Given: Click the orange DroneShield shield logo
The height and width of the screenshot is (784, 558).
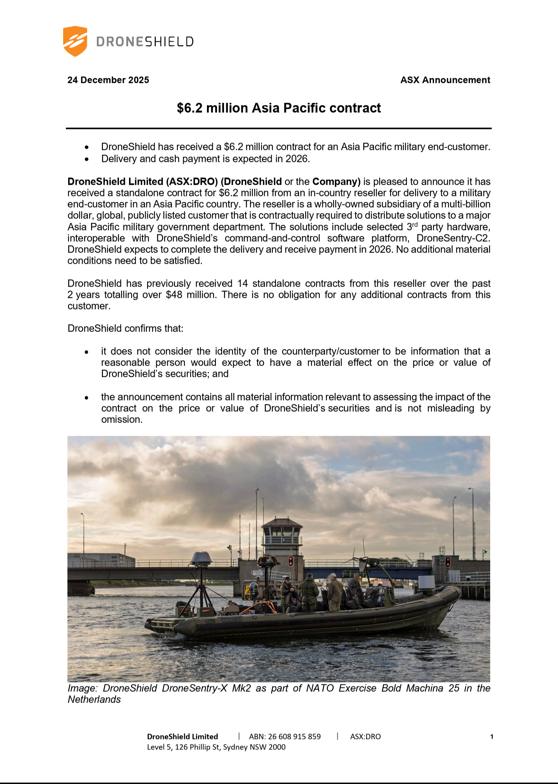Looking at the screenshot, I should (x=75, y=41).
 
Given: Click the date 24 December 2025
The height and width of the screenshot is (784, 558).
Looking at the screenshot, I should (x=108, y=80).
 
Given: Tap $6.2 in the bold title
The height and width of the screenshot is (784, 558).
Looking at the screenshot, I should (x=190, y=108).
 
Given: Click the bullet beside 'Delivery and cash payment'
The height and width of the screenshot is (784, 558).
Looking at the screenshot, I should (x=87, y=159).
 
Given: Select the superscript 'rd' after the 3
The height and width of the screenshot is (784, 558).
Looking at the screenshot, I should (x=415, y=224).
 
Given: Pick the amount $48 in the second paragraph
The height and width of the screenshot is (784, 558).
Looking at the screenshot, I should (x=174, y=295).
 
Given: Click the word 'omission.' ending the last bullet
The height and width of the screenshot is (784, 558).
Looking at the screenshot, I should (x=122, y=420).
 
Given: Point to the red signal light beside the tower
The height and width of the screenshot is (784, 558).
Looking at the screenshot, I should (x=291, y=561).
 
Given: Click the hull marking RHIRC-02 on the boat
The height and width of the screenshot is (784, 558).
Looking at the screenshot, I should (x=231, y=621).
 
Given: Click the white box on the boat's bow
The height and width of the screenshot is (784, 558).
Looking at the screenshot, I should (x=427, y=583).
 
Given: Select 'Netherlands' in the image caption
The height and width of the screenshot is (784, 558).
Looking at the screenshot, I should (x=94, y=700).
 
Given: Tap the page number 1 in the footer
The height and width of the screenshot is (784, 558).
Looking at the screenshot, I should (x=492, y=736).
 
